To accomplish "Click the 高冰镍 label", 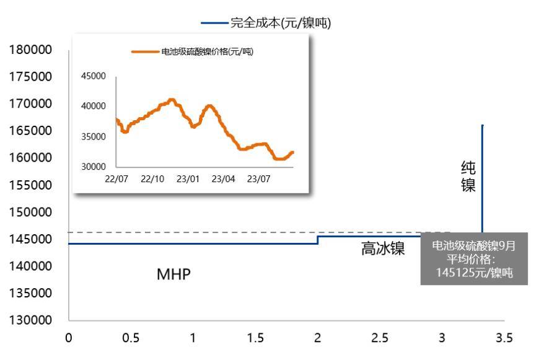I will [x=383, y=249].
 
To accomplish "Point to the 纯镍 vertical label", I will [x=468, y=177].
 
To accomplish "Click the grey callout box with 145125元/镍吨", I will [x=474, y=259].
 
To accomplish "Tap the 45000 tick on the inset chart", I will [x=94, y=76].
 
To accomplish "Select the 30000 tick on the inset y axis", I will [x=94, y=167].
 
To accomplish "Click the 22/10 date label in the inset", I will [x=152, y=180].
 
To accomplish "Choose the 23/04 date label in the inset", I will [x=224, y=180].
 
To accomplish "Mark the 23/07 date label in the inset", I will [x=260, y=180].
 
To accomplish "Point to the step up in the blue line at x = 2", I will [x=318, y=240].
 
